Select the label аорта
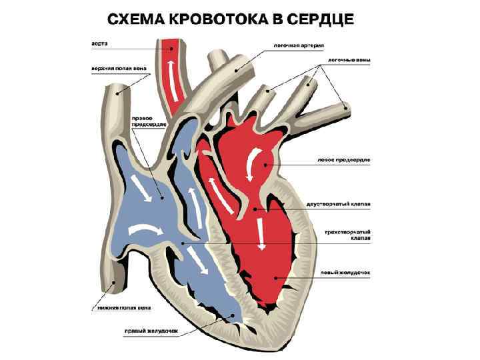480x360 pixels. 99,45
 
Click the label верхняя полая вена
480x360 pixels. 117,67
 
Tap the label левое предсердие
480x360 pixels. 343,159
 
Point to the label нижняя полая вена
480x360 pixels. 121,307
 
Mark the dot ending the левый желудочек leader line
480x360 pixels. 274,274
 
